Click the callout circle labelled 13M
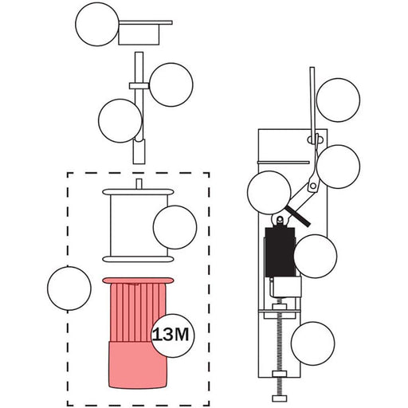coord(173,335)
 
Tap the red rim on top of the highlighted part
coord(138,280)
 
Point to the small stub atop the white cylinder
coord(139,184)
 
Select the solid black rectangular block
coord(280,252)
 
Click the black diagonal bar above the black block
coord(298,216)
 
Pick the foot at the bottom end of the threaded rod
coord(280,398)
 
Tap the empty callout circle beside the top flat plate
coord(97,24)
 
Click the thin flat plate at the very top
coord(146,22)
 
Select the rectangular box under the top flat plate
coord(139,34)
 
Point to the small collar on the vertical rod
coord(139,86)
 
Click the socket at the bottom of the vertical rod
coord(139,151)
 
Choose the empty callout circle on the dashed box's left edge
coord(69,288)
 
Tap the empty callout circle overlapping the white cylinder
coord(175,227)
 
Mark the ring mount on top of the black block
coord(280,221)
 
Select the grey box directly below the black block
coord(286,288)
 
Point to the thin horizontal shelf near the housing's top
coord(284,163)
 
